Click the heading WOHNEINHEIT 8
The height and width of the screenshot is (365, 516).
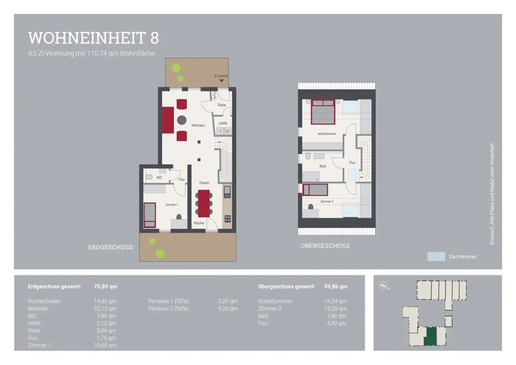(93, 38)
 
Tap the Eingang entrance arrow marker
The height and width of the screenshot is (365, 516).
(221, 81)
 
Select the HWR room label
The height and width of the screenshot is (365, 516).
(223, 123)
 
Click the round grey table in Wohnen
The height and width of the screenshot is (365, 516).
(182, 120)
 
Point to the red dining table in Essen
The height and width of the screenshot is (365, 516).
(204, 203)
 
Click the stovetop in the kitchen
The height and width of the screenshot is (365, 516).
(228, 218)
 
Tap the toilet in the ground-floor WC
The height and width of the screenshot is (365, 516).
(149, 177)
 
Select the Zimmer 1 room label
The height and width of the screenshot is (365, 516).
(171, 205)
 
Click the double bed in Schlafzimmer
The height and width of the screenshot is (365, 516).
(323, 112)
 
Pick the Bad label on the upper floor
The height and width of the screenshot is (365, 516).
(322, 166)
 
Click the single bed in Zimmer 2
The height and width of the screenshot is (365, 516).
(315, 190)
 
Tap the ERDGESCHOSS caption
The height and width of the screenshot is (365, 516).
(110, 247)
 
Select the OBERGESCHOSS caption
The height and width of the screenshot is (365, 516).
(325, 246)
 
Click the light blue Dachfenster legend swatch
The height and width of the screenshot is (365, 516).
(436, 257)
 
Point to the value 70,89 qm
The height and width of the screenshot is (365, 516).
(106, 287)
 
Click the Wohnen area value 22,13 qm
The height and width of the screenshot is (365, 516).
(105, 309)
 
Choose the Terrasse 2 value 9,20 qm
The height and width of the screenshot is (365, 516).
(228, 309)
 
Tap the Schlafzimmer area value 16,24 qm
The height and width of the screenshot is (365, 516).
(335, 301)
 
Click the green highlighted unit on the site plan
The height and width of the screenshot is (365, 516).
(430, 336)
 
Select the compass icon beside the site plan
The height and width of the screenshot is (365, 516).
(383, 286)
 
